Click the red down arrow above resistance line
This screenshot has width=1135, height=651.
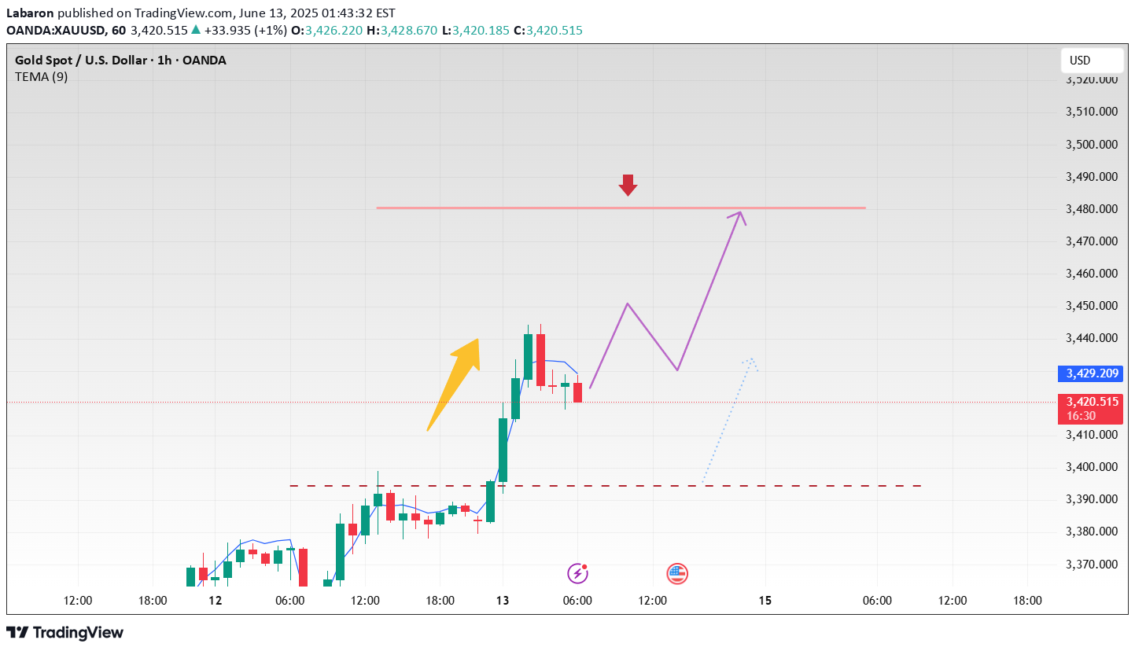627,185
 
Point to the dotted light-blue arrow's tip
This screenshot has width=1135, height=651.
751,360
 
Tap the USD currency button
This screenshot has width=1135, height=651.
1091,61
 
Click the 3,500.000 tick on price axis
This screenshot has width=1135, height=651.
1091,145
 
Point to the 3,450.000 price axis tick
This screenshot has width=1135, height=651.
1091,306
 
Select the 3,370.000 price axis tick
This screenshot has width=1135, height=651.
1091,564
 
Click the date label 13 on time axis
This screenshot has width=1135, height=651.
503,601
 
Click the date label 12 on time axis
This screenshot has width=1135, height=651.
216,601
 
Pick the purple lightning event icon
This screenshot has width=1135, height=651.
578,573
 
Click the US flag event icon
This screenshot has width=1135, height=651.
677,574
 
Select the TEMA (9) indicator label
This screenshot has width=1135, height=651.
42,76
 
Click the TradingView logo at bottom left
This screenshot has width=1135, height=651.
65,632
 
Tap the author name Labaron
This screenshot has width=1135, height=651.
30,13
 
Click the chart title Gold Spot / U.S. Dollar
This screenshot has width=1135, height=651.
95,61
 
